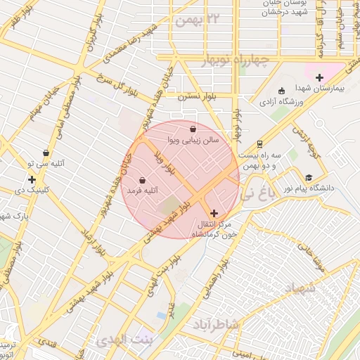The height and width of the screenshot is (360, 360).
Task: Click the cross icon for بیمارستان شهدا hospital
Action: click(x=319, y=77)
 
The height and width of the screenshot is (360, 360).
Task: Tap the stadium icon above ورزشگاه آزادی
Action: click(x=282, y=91)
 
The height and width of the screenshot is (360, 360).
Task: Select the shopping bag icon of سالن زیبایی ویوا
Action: click(x=193, y=129)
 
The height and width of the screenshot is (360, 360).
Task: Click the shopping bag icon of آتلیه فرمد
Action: click(x=142, y=180)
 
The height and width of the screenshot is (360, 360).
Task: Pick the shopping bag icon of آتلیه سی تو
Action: click(x=46, y=153)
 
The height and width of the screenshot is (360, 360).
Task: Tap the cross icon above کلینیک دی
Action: click(x=32, y=179)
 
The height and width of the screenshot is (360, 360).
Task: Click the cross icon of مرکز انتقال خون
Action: click(x=214, y=212)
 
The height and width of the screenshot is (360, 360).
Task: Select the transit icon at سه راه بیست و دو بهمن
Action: click(x=259, y=143)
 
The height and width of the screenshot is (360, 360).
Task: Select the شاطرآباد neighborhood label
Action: click(x=216, y=325)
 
